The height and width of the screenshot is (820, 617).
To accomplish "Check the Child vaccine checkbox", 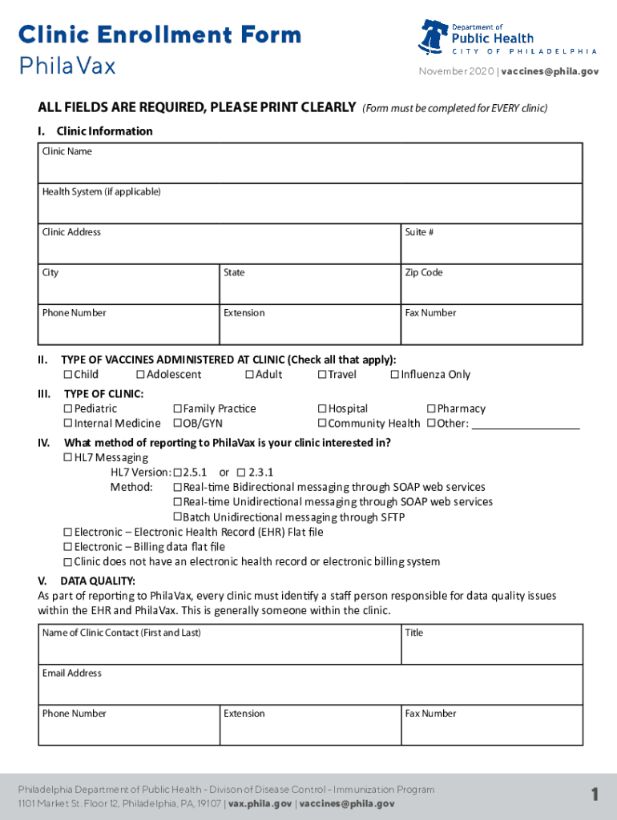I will point(68,375).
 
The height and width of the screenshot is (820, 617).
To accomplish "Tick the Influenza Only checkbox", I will point(395,375).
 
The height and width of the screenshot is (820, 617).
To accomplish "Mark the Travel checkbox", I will point(322,375).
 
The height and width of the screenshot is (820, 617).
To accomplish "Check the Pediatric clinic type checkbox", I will point(68,409).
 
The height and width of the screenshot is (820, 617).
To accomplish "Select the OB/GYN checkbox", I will point(177,424).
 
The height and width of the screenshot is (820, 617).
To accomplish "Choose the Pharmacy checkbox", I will point(431,409).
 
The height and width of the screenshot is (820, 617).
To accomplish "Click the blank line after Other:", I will point(525,424).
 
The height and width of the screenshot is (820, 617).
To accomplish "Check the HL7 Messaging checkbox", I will point(68,458).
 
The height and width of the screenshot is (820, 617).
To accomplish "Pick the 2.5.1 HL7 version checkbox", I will point(177,472).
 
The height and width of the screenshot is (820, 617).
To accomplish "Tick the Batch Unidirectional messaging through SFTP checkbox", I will point(177,517).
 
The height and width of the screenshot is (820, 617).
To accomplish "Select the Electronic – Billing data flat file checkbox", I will point(68,547).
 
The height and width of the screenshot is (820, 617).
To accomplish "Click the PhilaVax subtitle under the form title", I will point(67,66).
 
